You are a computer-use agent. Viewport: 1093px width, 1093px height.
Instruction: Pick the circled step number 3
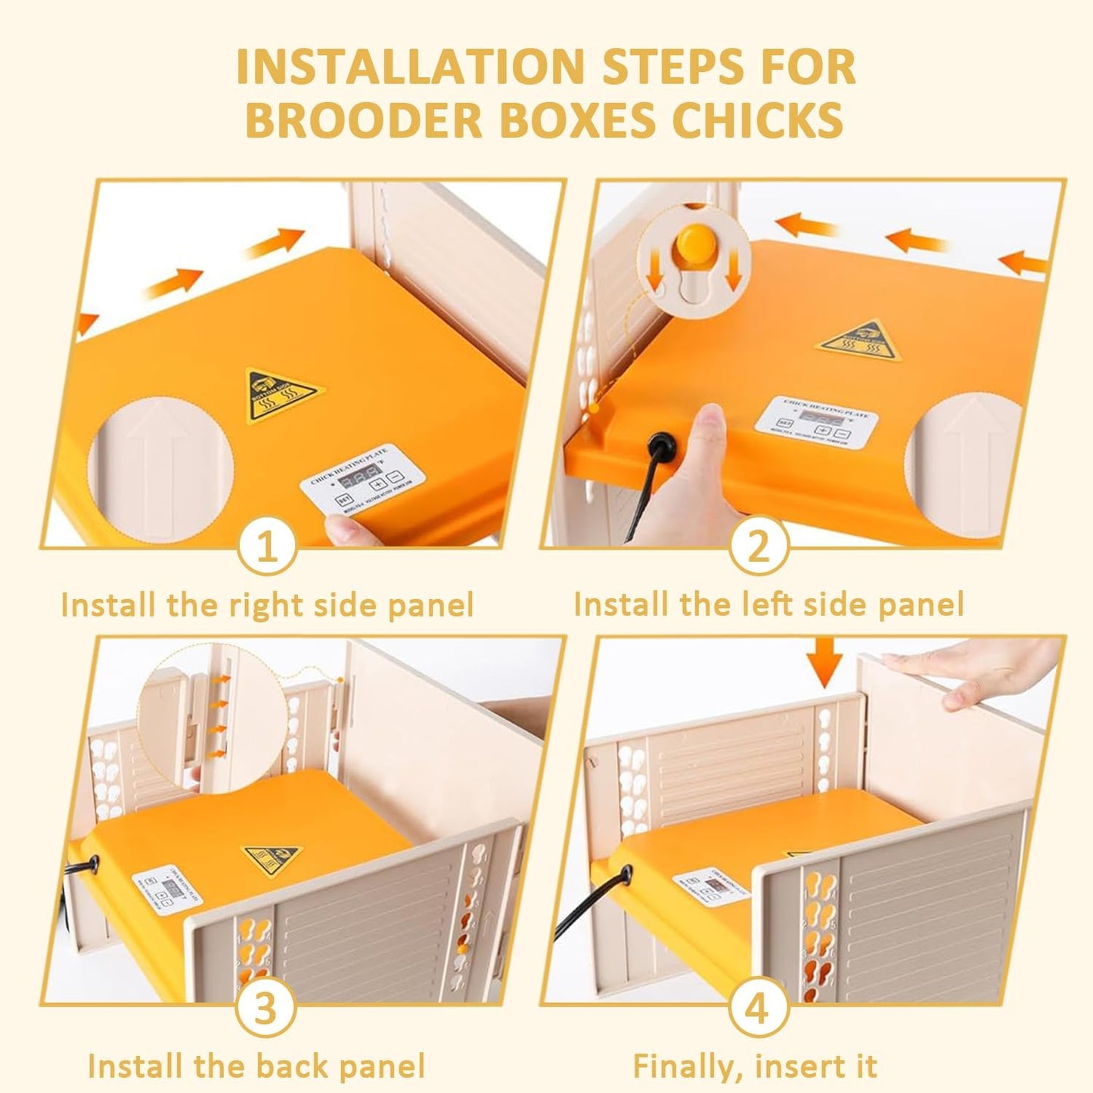coord(265,1009)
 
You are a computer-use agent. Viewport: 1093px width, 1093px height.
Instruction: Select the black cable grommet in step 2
coord(663,444)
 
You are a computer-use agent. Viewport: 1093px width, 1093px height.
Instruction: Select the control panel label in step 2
coord(815,420)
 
